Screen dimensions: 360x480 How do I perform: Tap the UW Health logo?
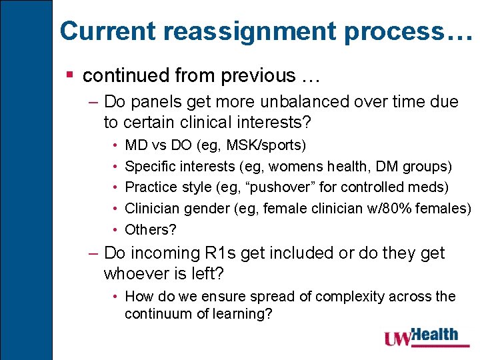421,337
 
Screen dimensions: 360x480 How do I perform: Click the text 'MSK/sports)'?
273,145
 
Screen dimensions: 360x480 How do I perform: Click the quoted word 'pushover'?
277,187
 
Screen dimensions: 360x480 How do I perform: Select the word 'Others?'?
151,230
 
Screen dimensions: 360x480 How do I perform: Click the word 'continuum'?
155,313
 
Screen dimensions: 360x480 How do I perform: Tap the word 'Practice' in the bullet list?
149,187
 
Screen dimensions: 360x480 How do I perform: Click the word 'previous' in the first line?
253,76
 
